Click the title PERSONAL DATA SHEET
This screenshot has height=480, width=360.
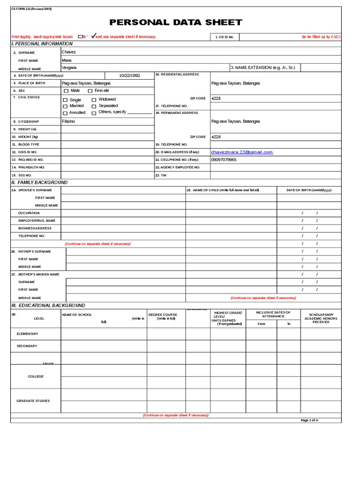point(176,22)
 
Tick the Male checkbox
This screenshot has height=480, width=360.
point(66,90)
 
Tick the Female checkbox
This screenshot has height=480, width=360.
point(90,90)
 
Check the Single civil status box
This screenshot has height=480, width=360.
point(65,100)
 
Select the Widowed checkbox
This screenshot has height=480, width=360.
point(94,100)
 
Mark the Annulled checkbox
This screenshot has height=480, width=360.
point(65,113)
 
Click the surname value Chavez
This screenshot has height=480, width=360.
point(68,52)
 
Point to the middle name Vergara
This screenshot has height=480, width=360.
point(69,67)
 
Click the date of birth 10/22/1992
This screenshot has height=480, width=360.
point(129,75)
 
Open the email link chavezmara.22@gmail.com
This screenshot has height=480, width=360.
point(242,152)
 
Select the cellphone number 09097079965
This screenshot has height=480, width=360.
point(224,159)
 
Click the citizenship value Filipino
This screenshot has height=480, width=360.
point(68,121)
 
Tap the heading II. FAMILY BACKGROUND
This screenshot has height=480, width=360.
point(39,182)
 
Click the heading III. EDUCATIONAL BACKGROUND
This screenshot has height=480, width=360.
point(48,305)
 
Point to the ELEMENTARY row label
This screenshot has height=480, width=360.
point(28,334)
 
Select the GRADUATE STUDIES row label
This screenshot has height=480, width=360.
point(33,401)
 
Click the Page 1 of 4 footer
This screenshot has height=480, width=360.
point(309,420)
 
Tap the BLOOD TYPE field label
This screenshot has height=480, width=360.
point(29,144)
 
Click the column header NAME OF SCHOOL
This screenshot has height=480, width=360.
point(77,315)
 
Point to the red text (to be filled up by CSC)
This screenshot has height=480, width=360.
point(321,37)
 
